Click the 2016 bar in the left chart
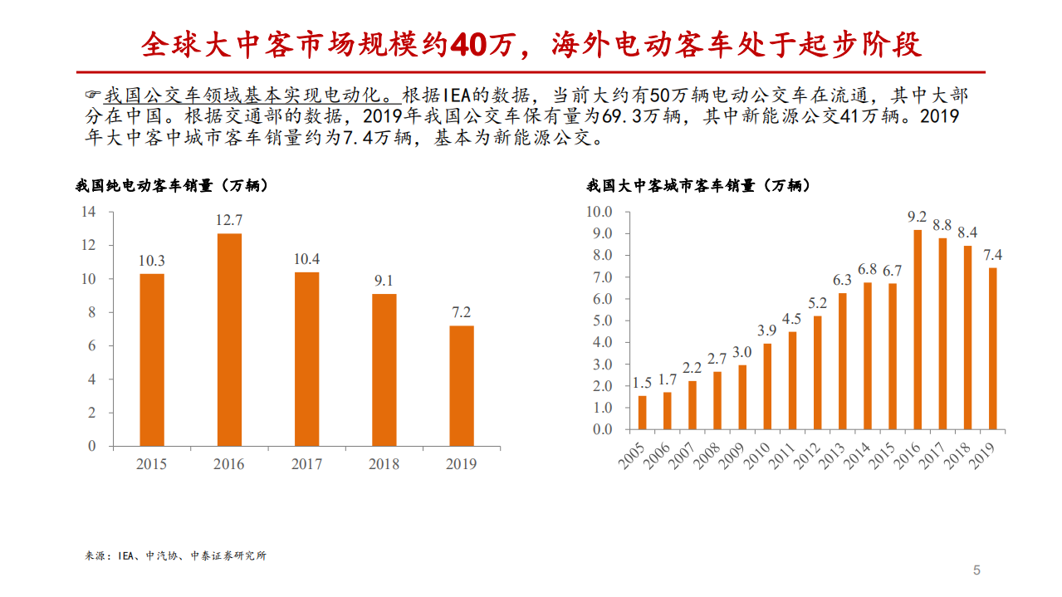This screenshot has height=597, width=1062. tap(229, 339)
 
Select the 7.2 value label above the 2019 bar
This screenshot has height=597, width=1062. tap(461, 312)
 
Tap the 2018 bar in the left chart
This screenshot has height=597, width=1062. tap(384, 369)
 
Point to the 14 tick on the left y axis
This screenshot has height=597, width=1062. tap(88, 212)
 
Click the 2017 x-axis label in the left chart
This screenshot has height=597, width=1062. tap(306, 464)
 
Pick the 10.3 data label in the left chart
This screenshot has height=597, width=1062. tap(151, 260)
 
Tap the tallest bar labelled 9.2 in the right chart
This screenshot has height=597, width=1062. tap(918, 329)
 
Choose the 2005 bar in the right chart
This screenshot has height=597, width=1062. tap(642, 413)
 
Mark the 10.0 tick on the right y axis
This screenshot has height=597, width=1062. tap(599, 212)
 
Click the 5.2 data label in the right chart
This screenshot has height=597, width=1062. tap(817, 302)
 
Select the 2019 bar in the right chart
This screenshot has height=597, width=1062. tap(992, 349)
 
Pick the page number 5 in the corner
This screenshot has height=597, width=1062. tap(976, 570)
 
